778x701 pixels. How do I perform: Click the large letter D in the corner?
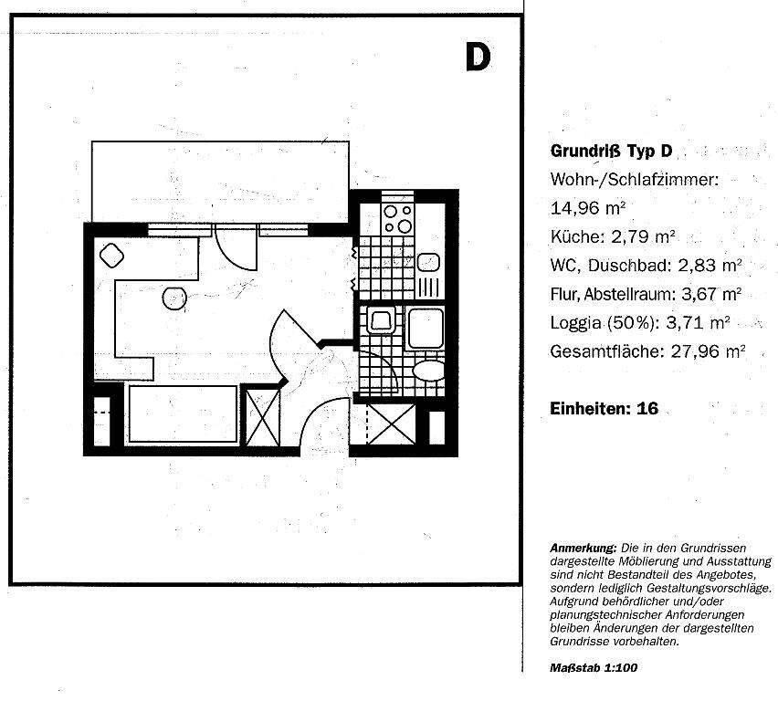coord(478,56)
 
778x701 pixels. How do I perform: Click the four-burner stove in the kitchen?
coord(398,218)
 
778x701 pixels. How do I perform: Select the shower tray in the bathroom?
coord(426,328)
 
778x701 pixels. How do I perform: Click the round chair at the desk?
coord(173,298)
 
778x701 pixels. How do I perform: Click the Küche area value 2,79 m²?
coord(644,236)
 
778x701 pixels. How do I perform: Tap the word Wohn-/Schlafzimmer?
coord(635,179)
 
